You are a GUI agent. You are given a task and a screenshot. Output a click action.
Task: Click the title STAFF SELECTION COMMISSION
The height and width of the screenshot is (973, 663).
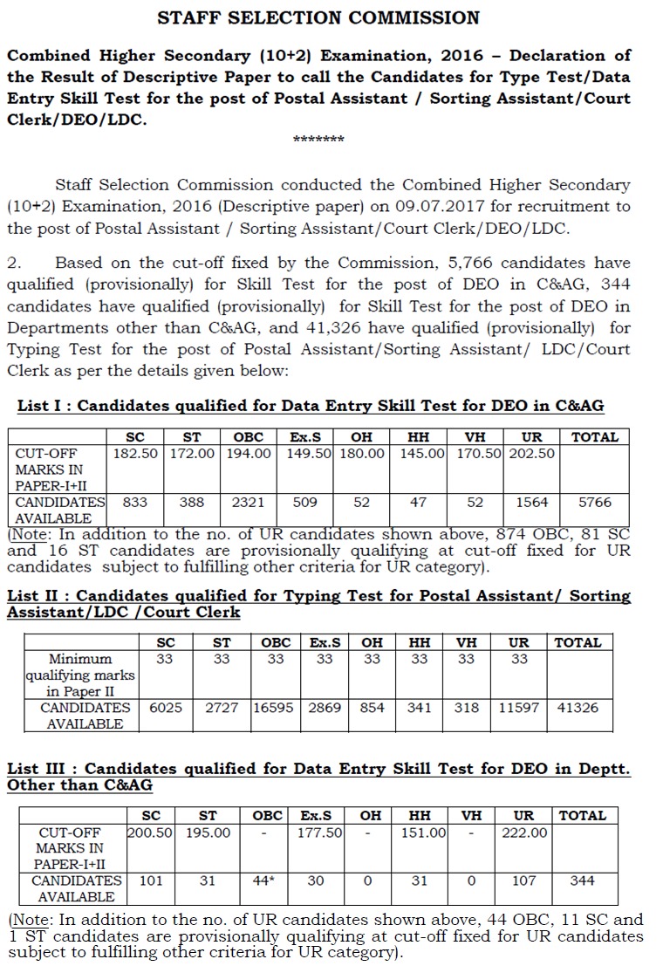click(x=318, y=17)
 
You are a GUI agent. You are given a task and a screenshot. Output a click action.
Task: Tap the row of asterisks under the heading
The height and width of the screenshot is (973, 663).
click(x=318, y=140)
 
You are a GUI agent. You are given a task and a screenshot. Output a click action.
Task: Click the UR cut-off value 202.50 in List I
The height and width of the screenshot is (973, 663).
click(x=531, y=454)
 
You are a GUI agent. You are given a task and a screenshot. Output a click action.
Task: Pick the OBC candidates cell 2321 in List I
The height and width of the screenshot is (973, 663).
click(x=249, y=503)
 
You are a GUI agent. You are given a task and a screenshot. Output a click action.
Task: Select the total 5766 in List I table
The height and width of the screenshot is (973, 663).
click(x=594, y=503)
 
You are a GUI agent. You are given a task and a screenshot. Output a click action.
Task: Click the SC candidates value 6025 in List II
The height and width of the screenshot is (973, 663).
click(x=165, y=708)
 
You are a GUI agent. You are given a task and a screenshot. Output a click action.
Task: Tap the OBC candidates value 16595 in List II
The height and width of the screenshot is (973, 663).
click(x=276, y=708)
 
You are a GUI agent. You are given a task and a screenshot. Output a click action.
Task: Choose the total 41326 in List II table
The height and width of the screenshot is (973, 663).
click(x=578, y=708)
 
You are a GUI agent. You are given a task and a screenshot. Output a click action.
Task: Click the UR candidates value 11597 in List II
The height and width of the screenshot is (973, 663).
click(x=519, y=708)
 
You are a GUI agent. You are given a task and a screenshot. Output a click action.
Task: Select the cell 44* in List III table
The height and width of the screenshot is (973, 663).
click(x=264, y=880)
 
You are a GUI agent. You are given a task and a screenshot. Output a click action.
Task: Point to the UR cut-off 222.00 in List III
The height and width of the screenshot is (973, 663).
click(x=524, y=833)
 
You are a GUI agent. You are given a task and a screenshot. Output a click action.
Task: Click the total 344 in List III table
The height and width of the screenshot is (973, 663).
click(x=582, y=880)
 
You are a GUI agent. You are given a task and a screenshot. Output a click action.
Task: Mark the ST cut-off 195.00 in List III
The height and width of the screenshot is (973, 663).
click(x=208, y=833)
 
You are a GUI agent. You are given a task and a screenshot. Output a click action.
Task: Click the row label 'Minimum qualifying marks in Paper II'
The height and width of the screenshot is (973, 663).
click(x=79, y=675)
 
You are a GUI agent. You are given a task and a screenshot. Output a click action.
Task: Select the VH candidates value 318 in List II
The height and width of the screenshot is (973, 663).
click(x=467, y=708)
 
